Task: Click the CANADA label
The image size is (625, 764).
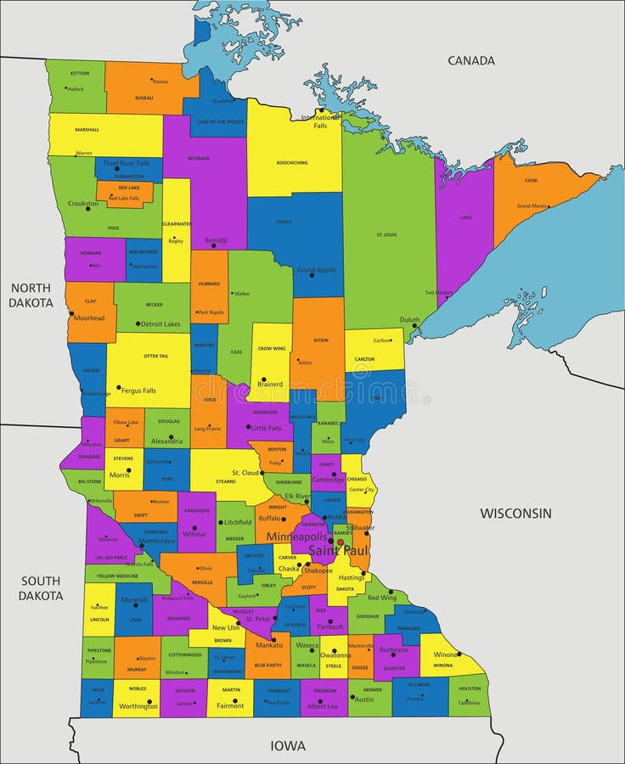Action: (471, 60)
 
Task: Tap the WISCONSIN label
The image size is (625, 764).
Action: (515, 513)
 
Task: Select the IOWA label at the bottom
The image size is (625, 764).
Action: (288, 746)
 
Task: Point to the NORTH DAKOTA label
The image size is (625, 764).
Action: (31, 295)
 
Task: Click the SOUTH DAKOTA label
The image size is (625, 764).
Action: (42, 588)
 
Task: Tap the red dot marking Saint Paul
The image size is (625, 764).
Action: (340, 542)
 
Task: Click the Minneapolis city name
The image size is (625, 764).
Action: (296, 536)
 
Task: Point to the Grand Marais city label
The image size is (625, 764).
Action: (533, 205)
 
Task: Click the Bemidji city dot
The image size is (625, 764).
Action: (213, 246)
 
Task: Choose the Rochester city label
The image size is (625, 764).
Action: (393, 649)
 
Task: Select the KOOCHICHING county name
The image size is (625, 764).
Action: (292, 162)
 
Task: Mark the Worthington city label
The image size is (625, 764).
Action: (138, 706)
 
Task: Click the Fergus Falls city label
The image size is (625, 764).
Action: (139, 390)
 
